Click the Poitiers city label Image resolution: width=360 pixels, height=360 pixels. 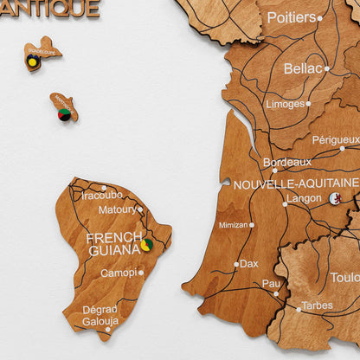pyautogui.click(x=291, y=17)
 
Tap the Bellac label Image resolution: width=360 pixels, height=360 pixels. pyautogui.click(x=303, y=67)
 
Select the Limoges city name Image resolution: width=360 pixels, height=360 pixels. pyautogui.click(x=285, y=104)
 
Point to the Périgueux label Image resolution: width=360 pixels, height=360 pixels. pyautogui.click(x=336, y=139)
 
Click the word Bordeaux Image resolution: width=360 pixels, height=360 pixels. pyautogui.click(x=286, y=162)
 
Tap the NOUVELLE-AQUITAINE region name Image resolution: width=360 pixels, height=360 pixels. pyautogui.click(x=295, y=183)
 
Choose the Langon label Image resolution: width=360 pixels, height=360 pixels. pyautogui.click(x=304, y=198)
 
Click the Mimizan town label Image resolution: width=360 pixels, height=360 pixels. pyautogui.click(x=233, y=225)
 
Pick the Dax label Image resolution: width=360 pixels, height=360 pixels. pyautogui.click(x=249, y=263)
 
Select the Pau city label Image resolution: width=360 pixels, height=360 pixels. pyautogui.click(x=271, y=283)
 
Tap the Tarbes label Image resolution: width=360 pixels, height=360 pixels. pyautogui.click(x=317, y=305)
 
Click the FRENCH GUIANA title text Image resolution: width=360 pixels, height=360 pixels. pyautogui.click(x=113, y=243)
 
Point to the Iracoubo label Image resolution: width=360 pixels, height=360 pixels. pyautogui.click(x=102, y=196)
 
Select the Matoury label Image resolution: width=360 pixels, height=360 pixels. pyautogui.click(x=117, y=209)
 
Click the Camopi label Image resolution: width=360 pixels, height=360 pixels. pyautogui.click(x=118, y=273)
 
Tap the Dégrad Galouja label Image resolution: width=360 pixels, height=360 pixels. pyautogui.click(x=100, y=316)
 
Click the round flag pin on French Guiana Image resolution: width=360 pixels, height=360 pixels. pyautogui.click(x=147, y=245)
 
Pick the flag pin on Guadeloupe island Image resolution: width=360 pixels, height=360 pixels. pyautogui.click(x=33, y=61)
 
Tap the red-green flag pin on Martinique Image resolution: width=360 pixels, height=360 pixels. pyautogui.click(x=64, y=114)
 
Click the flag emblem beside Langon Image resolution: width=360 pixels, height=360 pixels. pyautogui.click(x=335, y=198)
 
